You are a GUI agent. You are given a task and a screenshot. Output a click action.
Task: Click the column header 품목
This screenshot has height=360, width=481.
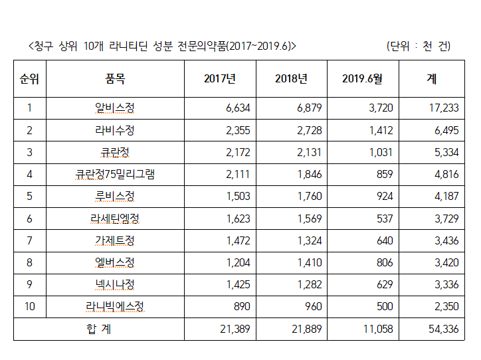point(115,79)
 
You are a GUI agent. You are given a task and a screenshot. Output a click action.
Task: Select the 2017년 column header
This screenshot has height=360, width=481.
point(220,79)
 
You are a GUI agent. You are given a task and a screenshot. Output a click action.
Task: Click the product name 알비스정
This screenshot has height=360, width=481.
point(115,108)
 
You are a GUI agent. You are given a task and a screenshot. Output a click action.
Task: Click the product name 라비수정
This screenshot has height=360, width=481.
point(115,130)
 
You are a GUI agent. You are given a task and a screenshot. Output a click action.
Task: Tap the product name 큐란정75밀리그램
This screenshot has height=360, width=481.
point(115,174)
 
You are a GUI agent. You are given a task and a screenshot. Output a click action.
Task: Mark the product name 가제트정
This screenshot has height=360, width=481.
point(115,240)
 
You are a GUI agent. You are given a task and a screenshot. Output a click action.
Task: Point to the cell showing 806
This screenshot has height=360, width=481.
point(384,262)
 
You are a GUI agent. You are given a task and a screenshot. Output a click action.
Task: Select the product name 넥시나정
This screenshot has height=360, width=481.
point(115,285)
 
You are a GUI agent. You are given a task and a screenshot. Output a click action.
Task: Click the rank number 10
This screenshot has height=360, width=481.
point(29,307)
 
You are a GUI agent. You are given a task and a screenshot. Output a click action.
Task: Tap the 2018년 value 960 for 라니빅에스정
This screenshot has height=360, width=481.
point(312,307)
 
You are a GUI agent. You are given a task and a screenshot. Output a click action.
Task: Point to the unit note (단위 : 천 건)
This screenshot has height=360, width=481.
point(418,46)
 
